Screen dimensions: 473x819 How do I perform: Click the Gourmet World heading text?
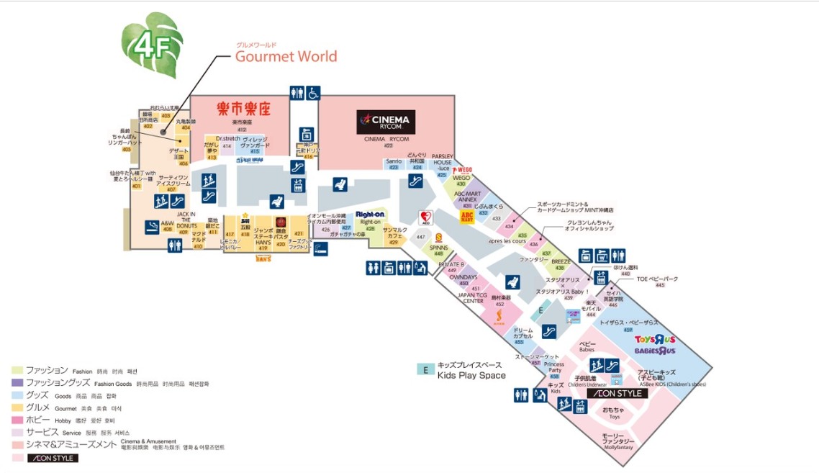pos(286,56)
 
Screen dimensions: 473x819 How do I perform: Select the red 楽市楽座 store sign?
pos(243,109)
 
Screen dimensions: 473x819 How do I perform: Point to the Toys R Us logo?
pos(655,340)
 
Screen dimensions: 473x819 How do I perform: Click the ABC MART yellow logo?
pos(467,217)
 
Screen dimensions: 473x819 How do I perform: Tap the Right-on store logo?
pos(370,215)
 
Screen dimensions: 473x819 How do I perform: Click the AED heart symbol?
pos(426,217)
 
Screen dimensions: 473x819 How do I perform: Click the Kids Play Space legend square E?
pos(426,369)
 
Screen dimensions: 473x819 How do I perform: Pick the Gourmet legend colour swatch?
pos(17,407)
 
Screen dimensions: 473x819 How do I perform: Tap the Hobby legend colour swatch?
pos(17,420)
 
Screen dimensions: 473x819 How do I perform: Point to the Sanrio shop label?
pos(394,161)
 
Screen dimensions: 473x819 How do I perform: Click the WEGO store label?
pos(461,177)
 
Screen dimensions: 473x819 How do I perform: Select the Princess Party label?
pos(553,367)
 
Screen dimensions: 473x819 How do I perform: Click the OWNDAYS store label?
pos(463,277)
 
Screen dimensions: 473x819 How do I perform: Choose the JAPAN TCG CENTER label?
pos(473,298)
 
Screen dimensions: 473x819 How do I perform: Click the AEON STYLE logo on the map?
pos(617,394)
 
